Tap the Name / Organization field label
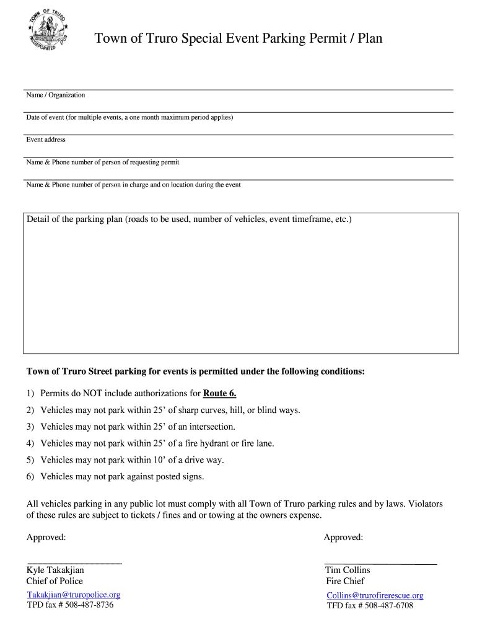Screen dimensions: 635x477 [x=56, y=95]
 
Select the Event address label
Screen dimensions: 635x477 [x=46, y=140]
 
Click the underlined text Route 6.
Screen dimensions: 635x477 [x=220, y=393]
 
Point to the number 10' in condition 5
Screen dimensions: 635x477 [x=161, y=460]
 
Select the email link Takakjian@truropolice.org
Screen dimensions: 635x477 [x=73, y=595]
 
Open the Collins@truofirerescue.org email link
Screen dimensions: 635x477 [x=375, y=595]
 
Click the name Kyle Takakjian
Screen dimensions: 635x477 [x=55, y=570]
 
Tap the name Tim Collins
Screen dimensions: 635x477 [x=348, y=570]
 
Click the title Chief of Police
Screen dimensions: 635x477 [x=55, y=581]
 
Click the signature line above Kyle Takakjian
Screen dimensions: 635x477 [x=74, y=562]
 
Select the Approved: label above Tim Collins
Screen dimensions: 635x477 [x=343, y=537]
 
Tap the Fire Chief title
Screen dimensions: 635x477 [x=345, y=581]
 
